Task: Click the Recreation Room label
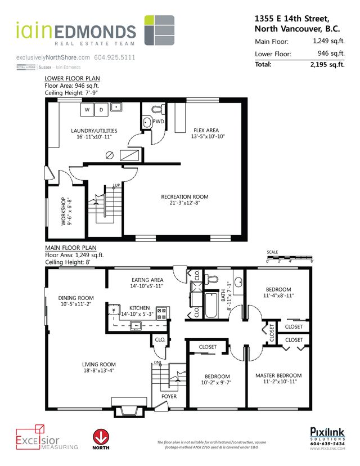pyautogui.click(x=184, y=197)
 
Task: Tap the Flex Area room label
pyautogui.click(x=209, y=129)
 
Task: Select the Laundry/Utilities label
pyautogui.click(x=94, y=131)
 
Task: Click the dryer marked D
pyautogui.click(x=101, y=110)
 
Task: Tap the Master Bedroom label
pyautogui.click(x=278, y=376)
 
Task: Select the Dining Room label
pyautogui.click(x=76, y=298)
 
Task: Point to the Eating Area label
pyautogui.click(x=147, y=280)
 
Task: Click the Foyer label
pyautogui.click(x=169, y=397)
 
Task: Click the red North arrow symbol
pyautogui.click(x=100, y=437)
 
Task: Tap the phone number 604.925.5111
pyautogui.click(x=115, y=57)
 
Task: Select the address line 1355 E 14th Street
pyautogui.click(x=290, y=19)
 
